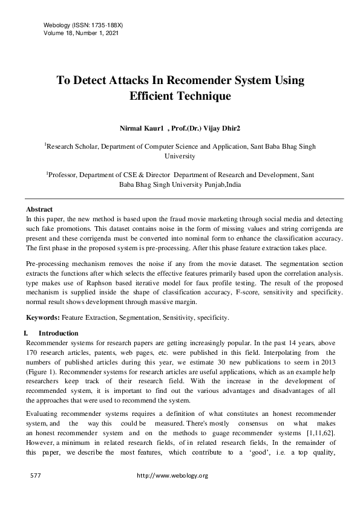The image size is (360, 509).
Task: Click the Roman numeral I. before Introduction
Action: (25, 333)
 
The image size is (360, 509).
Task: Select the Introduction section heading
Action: (58, 333)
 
